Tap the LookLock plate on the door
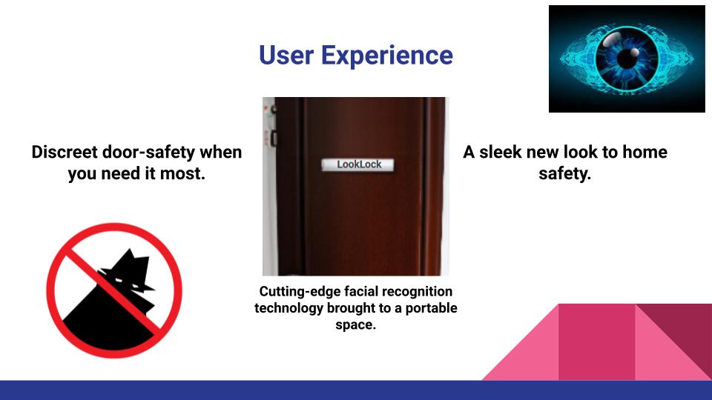[x=358, y=164]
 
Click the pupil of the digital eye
[x=627, y=59]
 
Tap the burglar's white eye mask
[x=119, y=282]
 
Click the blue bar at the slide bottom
[x=356, y=390]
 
